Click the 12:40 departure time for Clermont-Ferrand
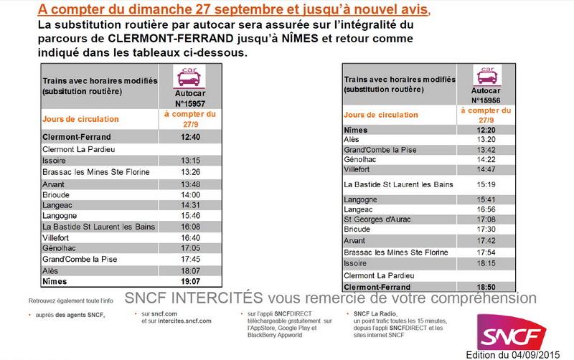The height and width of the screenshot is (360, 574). [190, 136]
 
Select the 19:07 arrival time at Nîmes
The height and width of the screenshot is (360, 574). [190, 283]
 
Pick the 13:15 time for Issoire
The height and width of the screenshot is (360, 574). [190, 161]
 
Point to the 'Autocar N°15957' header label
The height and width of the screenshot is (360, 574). [190, 98]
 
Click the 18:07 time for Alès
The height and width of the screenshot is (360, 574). [190, 271]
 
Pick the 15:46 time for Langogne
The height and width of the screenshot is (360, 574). [190, 214]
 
